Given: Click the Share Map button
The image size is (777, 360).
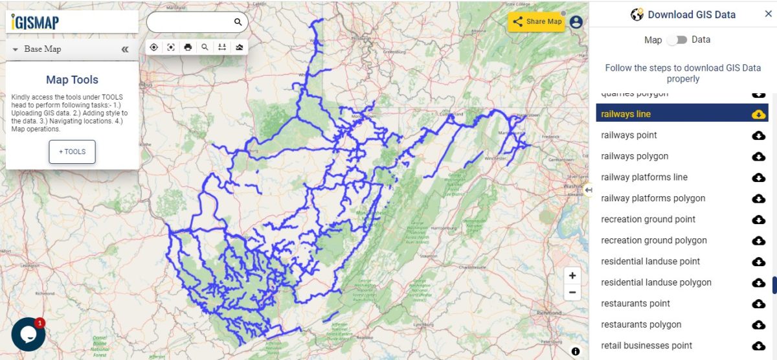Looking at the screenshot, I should pos(537,21).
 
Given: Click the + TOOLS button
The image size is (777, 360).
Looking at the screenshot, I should pos(72,152).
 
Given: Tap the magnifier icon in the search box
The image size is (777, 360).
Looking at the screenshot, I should pos(238,22).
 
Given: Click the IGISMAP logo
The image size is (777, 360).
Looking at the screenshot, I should pos(36,23).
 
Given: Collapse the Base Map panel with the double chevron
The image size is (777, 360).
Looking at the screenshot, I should pos(125,49).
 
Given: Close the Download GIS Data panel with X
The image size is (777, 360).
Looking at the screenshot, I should pos(768,14).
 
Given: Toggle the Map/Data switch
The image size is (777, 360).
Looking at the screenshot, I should pos(677,40).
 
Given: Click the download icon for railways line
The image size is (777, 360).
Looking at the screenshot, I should pos(758,115).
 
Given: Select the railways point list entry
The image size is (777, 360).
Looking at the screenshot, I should pos(629,135).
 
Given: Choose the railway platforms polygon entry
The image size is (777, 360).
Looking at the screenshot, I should pos(653,198).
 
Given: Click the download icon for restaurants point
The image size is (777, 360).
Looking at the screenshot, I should pos(758,304).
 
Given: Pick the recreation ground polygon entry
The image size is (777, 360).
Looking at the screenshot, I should pos(654,240).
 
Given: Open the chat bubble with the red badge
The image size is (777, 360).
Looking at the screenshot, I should pos(28,333).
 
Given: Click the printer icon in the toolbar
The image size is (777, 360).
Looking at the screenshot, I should pos(188,47).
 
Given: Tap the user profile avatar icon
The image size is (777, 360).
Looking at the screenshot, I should pos(576,22).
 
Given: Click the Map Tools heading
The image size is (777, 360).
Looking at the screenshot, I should pos(72,80).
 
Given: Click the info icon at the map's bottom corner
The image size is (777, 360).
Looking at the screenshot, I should pos(576,352).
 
